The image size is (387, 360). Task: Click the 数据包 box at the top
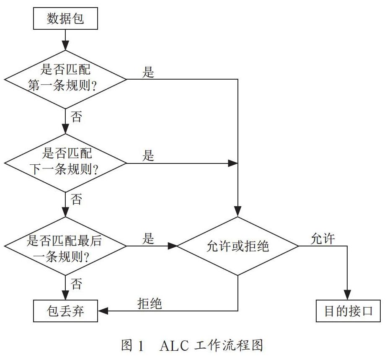(x=65, y=18)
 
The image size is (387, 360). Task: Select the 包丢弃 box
(x=65, y=311)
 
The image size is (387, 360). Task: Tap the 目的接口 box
(x=348, y=311)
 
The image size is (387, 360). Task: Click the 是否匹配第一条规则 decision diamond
(x=65, y=80)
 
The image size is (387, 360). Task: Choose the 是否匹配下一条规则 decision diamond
(x=65, y=163)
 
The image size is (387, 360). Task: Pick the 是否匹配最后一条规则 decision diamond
(x=65, y=246)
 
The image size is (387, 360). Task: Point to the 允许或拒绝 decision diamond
(x=237, y=246)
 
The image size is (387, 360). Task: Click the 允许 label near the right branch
(x=322, y=238)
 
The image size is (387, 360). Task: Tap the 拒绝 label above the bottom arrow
(x=150, y=303)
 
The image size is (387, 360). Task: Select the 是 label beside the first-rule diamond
(x=148, y=72)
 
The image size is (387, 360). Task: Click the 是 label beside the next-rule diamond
(x=148, y=155)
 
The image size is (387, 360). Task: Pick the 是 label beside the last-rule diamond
(x=148, y=238)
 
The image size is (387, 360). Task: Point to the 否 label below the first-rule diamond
(x=76, y=117)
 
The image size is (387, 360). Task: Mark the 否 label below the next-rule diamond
(x=76, y=199)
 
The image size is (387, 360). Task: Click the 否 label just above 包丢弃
(x=76, y=284)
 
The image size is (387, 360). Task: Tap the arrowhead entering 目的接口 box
(x=347, y=295)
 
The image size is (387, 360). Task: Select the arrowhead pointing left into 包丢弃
(x=103, y=311)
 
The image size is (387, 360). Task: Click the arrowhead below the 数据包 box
(x=65, y=45)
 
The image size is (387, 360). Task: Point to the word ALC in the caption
(x=174, y=345)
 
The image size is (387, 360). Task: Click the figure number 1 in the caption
(x=141, y=346)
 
